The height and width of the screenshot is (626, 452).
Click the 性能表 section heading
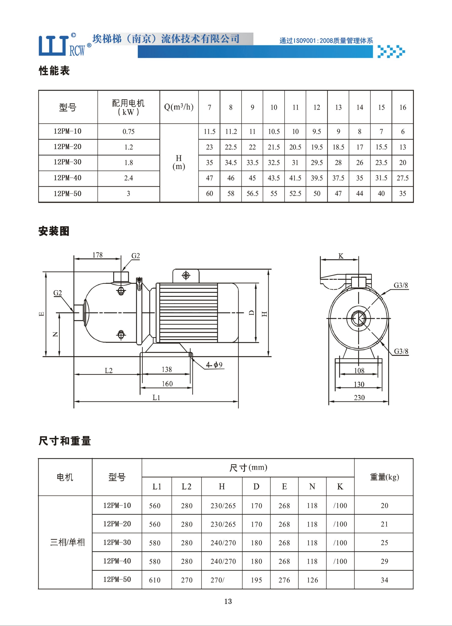(x=54, y=71)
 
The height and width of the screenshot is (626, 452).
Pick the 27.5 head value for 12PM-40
(x=403, y=178)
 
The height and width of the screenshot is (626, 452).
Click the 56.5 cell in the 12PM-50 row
(x=252, y=194)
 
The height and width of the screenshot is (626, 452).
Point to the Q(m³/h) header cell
(x=179, y=107)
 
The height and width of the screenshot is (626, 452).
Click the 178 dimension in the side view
(x=97, y=255)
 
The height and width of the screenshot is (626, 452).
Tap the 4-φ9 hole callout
(x=214, y=365)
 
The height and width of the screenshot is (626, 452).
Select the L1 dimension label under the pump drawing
(x=156, y=397)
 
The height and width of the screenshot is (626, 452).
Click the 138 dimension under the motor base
(x=167, y=369)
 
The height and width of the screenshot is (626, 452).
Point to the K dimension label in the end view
(x=341, y=256)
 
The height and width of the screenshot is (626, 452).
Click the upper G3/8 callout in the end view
(x=401, y=285)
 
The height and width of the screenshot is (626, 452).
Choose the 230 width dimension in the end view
(x=359, y=398)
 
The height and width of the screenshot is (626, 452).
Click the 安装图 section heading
(x=54, y=231)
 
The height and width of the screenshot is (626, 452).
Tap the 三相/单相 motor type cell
(x=67, y=542)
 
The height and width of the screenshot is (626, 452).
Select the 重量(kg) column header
(x=385, y=477)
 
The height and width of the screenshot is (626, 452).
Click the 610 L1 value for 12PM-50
(x=155, y=580)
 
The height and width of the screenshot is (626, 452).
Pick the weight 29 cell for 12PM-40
(x=384, y=561)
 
